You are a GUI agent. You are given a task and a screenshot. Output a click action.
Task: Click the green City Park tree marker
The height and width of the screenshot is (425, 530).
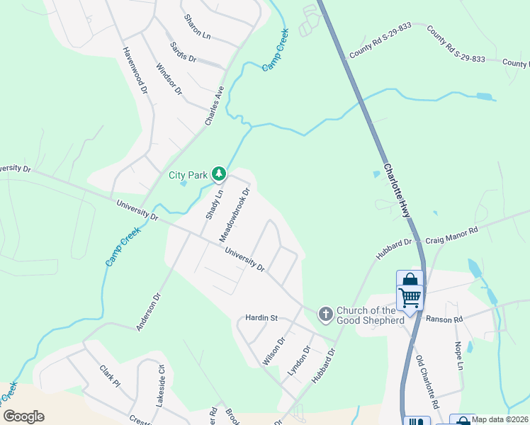coord(220,173)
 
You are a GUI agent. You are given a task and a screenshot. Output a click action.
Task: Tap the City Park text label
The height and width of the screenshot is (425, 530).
coord(188,175)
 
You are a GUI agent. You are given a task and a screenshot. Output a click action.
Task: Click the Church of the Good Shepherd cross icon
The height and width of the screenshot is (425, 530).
coord(325,313)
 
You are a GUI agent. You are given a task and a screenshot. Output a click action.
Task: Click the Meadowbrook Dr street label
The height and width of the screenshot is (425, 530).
coord(235,212)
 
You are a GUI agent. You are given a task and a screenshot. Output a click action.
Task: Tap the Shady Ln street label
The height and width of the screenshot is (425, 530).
coord(213,203)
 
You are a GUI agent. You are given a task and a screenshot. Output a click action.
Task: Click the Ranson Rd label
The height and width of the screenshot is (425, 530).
coord(444,319)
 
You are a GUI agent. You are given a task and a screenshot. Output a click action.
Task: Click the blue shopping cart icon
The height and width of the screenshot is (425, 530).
coord(410,297)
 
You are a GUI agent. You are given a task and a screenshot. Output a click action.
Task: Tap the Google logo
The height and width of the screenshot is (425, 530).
coord(23,416)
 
